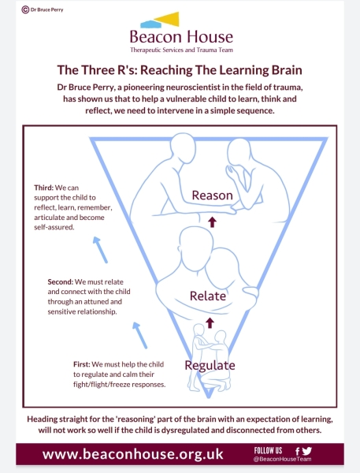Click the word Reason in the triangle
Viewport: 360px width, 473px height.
coord(212,196)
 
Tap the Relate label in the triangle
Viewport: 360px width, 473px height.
coord(208,296)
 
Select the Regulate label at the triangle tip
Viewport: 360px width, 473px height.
coord(210,366)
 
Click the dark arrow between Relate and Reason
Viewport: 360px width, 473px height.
coord(212,222)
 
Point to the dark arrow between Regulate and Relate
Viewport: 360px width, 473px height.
coord(210,322)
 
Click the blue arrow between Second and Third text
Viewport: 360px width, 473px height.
coord(100,250)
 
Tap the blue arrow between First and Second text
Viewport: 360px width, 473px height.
coord(140,335)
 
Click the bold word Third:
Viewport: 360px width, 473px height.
coord(43,188)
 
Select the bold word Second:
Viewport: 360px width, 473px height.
coord(61,281)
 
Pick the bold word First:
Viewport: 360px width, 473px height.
coord(82,364)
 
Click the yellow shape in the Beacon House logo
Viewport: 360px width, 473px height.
coord(167,19)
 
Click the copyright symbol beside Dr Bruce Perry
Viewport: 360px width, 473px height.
coord(25,9)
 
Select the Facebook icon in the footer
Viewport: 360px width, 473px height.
coord(297,451)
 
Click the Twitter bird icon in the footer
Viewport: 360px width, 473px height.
coord(307,451)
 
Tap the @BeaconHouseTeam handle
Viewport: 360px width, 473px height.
coord(283,459)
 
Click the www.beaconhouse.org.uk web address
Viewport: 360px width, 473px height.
coord(133,454)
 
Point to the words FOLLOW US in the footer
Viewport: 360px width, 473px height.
coord(268,451)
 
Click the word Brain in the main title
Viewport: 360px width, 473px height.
coord(287,70)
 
